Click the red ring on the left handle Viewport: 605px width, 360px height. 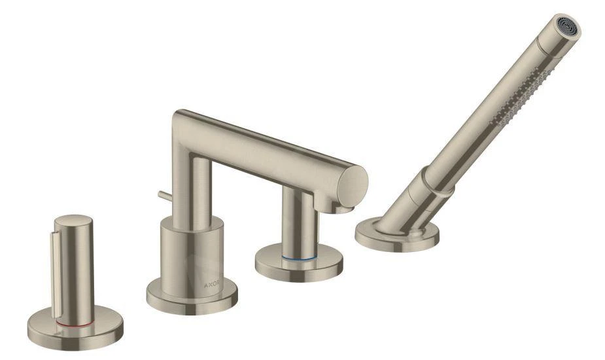coord(75,325)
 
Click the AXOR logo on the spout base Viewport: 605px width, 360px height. coord(211,285)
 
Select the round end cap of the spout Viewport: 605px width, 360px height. coord(351,184)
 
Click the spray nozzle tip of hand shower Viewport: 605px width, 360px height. coord(568,27)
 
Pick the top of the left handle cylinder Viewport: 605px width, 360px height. coord(73,221)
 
